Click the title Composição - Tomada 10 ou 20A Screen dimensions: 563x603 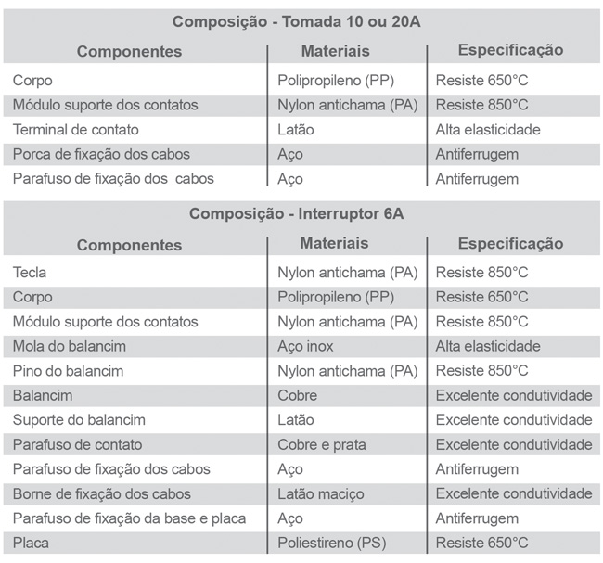click(296, 21)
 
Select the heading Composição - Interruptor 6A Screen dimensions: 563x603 click(296, 214)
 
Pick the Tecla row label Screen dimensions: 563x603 click(31, 273)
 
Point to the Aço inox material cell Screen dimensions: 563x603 click(306, 346)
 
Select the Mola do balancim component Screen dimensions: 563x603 click(70, 346)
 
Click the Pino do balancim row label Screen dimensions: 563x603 click(69, 371)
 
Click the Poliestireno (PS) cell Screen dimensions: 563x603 click(336, 543)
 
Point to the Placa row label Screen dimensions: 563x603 click(32, 543)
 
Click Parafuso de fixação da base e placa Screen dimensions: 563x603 click(130, 518)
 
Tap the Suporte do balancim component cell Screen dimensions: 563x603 click(79, 420)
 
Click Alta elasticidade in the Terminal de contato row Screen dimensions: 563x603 click(488, 130)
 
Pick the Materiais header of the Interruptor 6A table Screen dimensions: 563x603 click(335, 243)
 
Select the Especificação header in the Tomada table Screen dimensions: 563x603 click(511, 50)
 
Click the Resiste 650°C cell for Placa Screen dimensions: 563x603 click(481, 543)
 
